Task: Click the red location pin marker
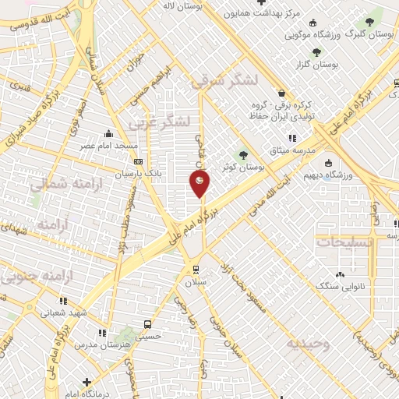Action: pyautogui.click(x=200, y=184)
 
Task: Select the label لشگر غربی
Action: pyautogui.click(x=182, y=121)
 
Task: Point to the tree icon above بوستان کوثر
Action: pyautogui.click(x=244, y=154)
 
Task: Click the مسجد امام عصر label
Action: pyautogui.click(x=108, y=146)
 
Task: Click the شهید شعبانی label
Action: pyautogui.click(x=62, y=312)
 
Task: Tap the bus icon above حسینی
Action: pyautogui.click(x=147, y=323)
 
